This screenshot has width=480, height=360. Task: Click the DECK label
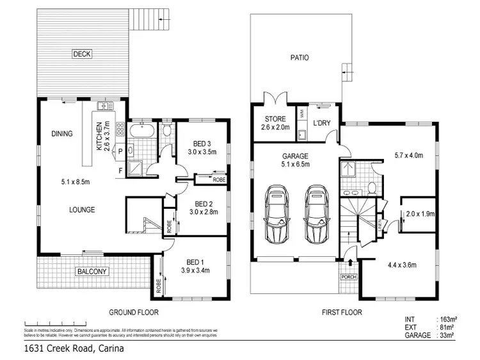(81, 54)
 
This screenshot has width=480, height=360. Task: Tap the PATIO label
(300, 57)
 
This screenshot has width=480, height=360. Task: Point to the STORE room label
(275, 119)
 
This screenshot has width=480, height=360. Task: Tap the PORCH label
(348, 277)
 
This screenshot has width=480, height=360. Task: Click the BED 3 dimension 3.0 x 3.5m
(203, 152)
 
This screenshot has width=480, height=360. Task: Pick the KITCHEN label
(99, 136)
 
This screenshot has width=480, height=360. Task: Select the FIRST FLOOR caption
(341, 313)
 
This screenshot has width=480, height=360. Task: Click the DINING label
(62, 134)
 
